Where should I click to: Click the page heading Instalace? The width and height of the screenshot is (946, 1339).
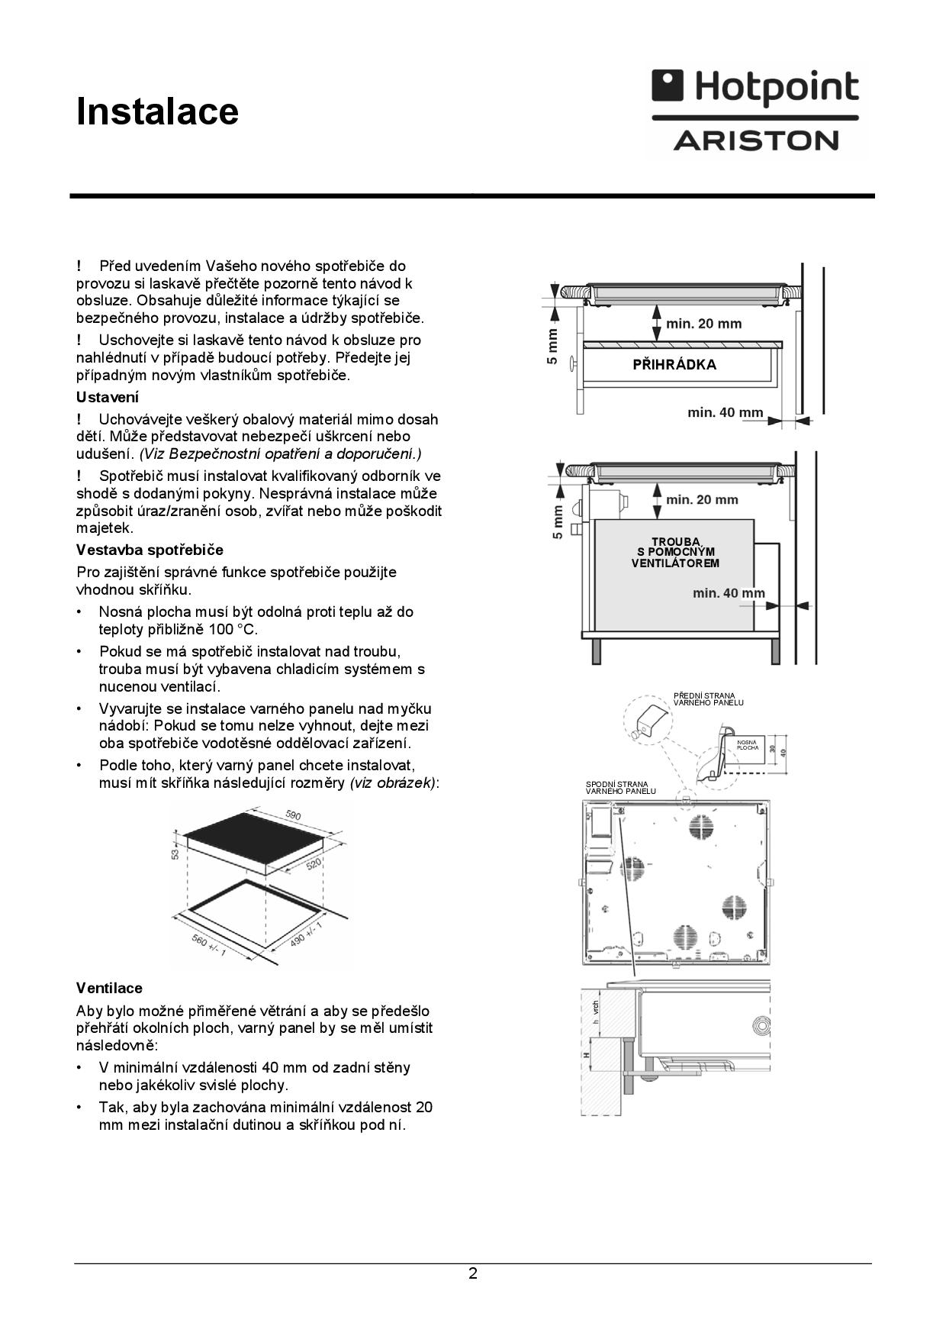coord(157,111)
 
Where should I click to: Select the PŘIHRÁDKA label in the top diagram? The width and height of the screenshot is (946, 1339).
coord(674,365)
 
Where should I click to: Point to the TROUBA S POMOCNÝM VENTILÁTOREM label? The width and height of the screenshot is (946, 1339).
coord(675,553)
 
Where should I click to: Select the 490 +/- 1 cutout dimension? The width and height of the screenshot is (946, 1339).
coord(306,933)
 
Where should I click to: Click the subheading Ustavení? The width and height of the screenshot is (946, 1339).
coord(108,397)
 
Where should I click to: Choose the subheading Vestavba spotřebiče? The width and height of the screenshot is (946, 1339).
coord(150,550)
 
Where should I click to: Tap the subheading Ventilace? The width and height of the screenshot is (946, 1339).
coord(109,988)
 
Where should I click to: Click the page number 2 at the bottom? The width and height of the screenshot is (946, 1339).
coord(473,1273)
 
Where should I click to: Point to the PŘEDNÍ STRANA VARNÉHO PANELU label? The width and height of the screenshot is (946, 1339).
coord(708,699)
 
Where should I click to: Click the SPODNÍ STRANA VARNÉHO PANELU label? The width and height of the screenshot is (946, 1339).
coord(620,787)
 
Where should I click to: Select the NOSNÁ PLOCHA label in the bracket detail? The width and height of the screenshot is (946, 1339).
coord(748,745)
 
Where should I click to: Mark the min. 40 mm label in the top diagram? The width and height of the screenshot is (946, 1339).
coord(725,413)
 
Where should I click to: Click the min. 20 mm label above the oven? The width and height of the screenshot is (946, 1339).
coord(702,500)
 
